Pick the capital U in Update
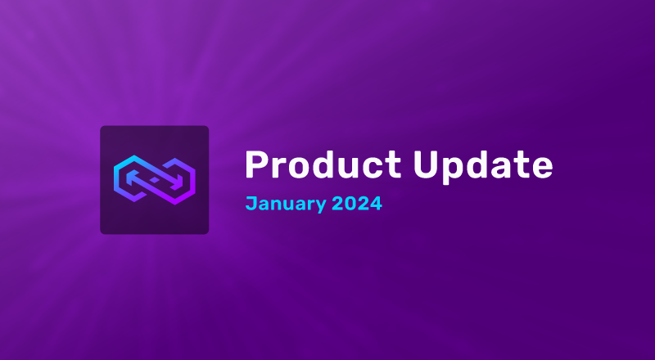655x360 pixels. point(426,165)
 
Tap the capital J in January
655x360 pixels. point(251,202)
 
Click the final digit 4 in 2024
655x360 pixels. point(376,202)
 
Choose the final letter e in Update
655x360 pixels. point(541,169)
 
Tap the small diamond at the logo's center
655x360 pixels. point(154,179)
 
